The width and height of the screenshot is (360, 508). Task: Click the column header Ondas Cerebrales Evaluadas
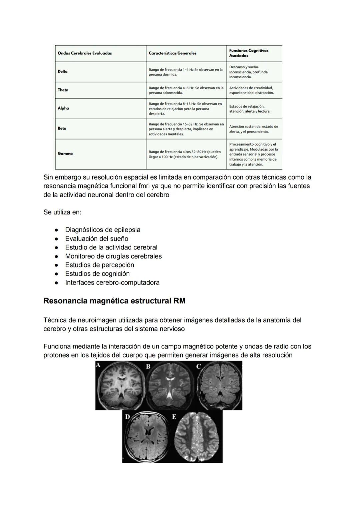(x=85, y=53)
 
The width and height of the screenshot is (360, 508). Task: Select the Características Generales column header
(x=172, y=53)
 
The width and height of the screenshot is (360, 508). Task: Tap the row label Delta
(x=63, y=72)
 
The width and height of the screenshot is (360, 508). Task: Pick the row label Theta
(x=63, y=90)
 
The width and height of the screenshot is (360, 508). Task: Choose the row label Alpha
(x=63, y=108)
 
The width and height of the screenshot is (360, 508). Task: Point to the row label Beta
(x=62, y=128)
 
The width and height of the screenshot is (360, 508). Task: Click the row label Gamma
(x=65, y=154)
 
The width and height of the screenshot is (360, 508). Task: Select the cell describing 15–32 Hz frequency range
(x=186, y=129)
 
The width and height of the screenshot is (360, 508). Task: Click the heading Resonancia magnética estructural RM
(x=114, y=301)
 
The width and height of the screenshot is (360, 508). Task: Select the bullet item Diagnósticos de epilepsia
(x=103, y=230)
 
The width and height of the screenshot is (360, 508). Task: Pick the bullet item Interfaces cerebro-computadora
(x=112, y=282)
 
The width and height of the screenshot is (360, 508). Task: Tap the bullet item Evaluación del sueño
(x=97, y=239)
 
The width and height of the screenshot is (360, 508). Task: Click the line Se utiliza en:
(x=62, y=212)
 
